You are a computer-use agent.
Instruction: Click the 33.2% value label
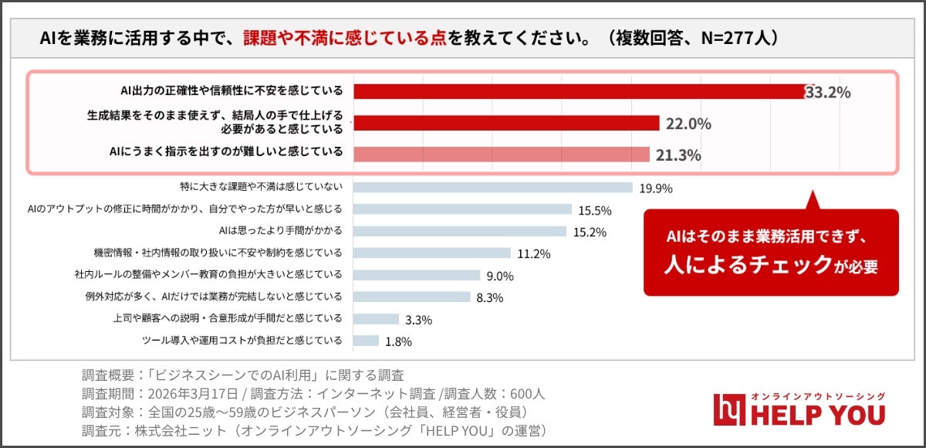pyautogui.click(x=828, y=93)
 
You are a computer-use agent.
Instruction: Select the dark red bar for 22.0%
pyautogui.click(x=506, y=124)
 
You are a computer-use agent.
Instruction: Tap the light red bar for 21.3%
pyautogui.click(x=502, y=154)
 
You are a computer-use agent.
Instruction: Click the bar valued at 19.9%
pyautogui.click(x=492, y=188)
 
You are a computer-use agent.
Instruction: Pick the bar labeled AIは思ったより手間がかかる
pyautogui.click(x=460, y=231)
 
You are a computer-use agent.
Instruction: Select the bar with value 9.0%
pyautogui.click(x=417, y=275)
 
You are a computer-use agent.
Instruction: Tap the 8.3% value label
pyautogui.click(x=490, y=297)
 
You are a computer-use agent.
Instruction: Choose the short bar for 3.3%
pyautogui.click(x=376, y=319)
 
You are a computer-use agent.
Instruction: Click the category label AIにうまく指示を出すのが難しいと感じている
pyautogui.click(x=225, y=152)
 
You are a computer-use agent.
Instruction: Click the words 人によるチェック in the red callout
pyautogui.click(x=745, y=264)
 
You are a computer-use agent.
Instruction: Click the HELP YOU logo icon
pyautogui.click(x=727, y=409)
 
